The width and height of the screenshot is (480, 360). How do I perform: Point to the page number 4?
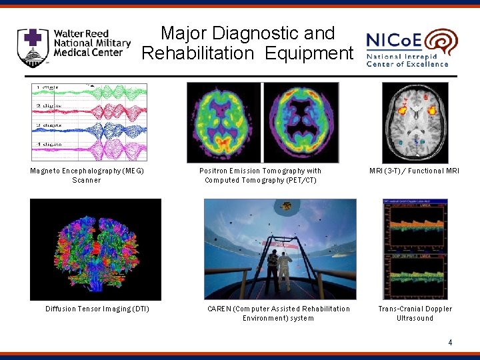[450, 343]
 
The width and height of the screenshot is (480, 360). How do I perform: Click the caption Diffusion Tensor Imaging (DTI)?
[97, 309]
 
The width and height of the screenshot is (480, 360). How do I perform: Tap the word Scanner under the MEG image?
[87, 180]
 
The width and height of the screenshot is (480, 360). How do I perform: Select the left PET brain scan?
[224, 122]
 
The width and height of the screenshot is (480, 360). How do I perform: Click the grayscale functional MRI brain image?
[415, 122]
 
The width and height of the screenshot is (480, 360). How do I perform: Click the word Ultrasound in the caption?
[415, 318]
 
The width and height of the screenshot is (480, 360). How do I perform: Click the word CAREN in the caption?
[220, 309]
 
